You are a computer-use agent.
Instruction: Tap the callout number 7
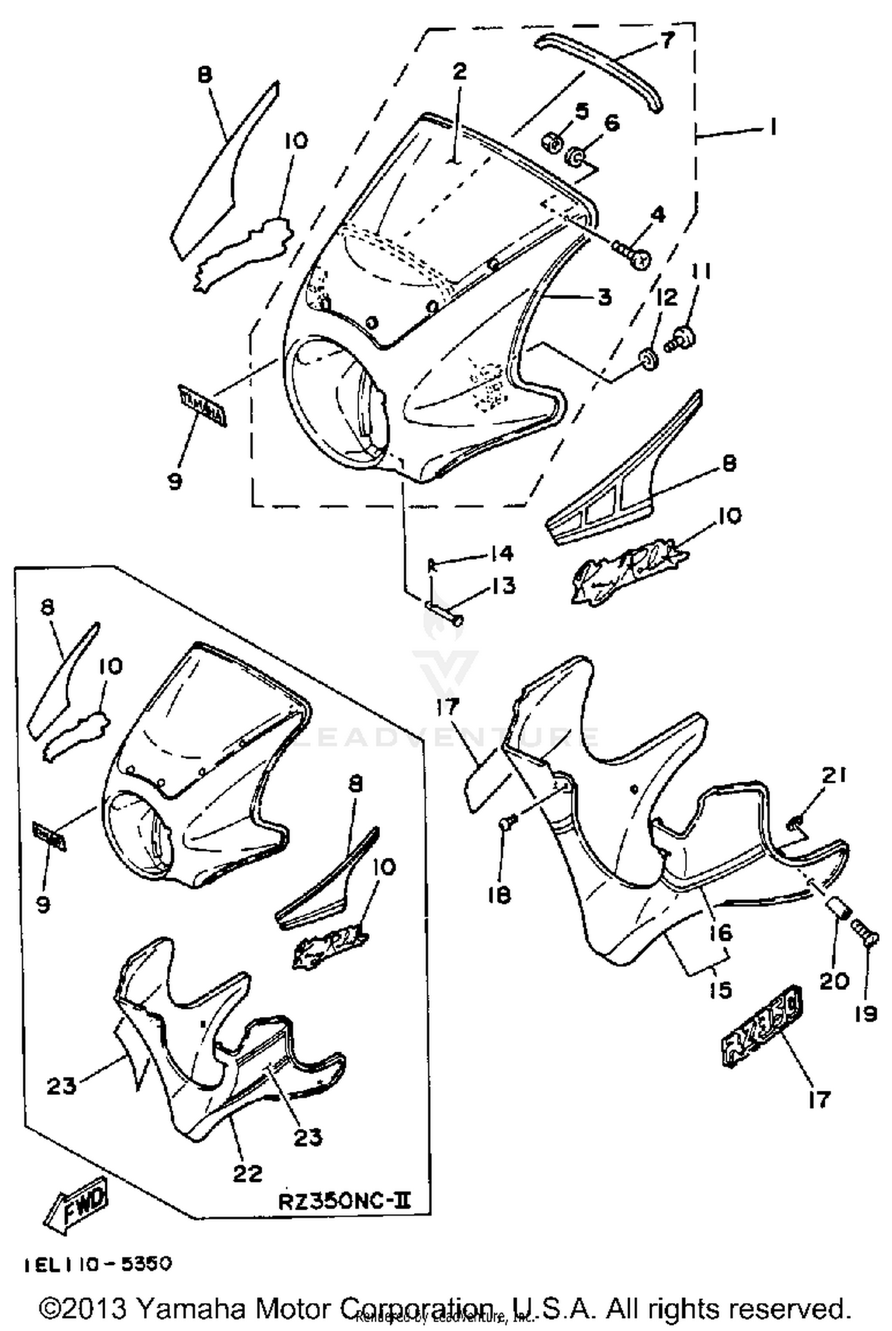[x=667, y=40]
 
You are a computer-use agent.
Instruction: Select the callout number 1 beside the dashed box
[x=773, y=127]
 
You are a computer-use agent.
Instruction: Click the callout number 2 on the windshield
[x=459, y=72]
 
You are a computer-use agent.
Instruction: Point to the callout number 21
[x=834, y=775]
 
